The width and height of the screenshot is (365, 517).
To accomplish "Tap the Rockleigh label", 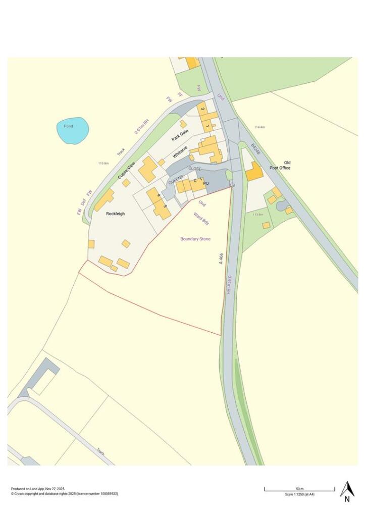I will [x=116, y=214].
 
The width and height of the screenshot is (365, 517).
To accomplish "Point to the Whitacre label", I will [x=180, y=152].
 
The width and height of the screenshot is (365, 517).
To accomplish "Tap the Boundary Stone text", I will [x=195, y=239].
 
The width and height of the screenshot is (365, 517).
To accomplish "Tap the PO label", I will [x=206, y=183].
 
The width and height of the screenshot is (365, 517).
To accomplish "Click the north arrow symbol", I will [x=347, y=490].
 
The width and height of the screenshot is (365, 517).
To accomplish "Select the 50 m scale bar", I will [x=299, y=489].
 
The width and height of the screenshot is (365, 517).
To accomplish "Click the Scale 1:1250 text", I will [x=300, y=494].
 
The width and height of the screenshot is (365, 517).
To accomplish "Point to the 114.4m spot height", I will [x=259, y=127].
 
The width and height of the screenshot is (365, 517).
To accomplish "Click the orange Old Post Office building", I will [x=254, y=172].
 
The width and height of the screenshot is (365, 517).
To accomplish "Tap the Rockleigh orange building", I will [x=104, y=200].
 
